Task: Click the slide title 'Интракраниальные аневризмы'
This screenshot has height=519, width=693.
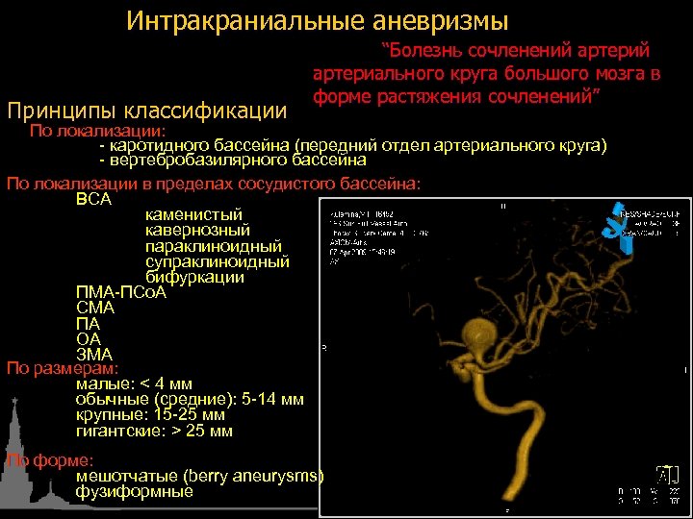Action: pos(317,20)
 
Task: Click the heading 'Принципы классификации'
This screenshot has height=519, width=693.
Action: pos(147,111)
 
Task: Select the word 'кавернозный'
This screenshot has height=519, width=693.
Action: pos(198,231)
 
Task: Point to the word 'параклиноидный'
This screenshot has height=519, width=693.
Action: pos(214,246)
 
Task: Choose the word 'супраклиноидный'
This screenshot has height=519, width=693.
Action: pos(218,261)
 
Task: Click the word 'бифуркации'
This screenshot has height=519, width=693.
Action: pos(194,277)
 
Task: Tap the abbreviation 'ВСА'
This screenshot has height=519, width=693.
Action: pos(93,199)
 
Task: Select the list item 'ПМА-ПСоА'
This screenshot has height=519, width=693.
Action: pos(121,292)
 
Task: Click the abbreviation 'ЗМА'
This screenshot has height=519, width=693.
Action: pos(94,354)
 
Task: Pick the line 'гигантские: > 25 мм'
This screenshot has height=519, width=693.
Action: pos(154,431)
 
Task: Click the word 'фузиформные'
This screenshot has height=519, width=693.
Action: pos(134,491)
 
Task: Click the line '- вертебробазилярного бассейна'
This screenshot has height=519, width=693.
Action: pos(232,161)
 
